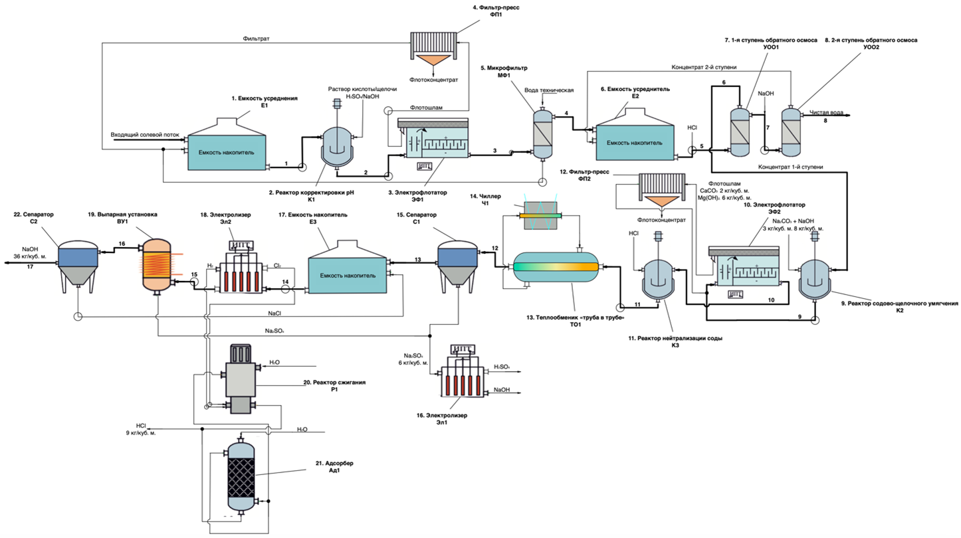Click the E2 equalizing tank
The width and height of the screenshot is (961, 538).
[x=633, y=141]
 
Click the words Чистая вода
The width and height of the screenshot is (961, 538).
[x=826, y=112]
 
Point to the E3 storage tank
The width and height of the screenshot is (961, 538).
[x=347, y=274]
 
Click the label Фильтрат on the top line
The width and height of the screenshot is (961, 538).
[x=255, y=39]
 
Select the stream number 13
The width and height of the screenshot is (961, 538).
[x=417, y=259]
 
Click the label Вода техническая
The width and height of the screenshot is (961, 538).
[x=550, y=90]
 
